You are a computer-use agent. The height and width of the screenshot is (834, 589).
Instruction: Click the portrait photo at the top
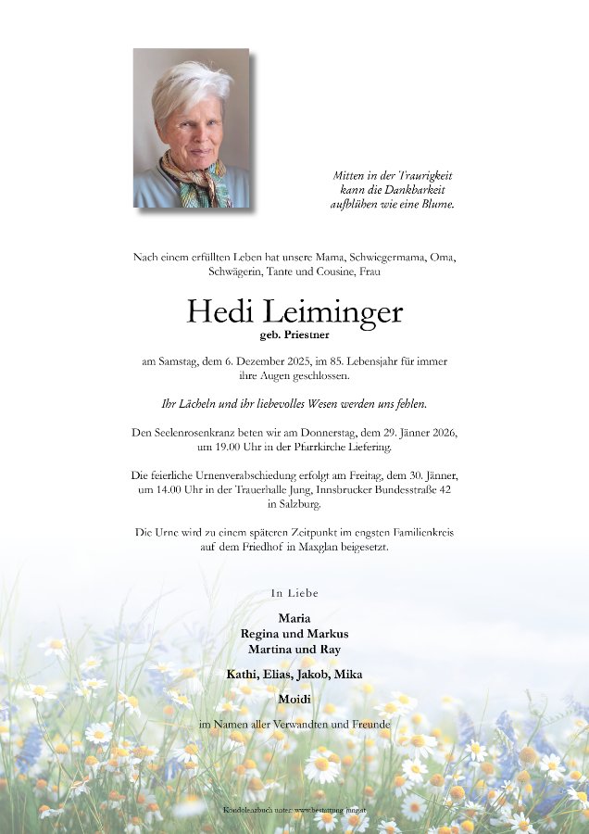point(192,128)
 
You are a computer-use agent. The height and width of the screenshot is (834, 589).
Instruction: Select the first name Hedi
point(219,311)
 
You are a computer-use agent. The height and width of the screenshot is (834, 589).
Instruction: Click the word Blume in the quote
point(434,204)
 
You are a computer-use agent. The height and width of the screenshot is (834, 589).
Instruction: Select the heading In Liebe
point(294,592)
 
